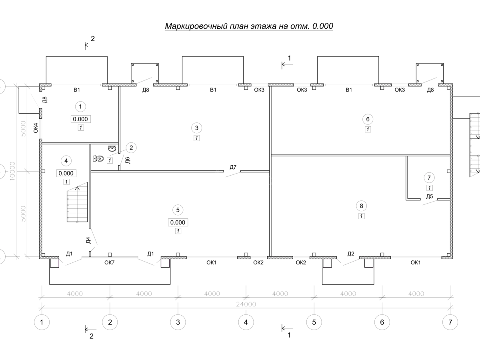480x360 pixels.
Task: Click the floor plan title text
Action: tap(249, 26)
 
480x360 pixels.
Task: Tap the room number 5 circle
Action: tap(178, 210)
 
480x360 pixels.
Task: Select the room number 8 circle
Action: tap(361, 206)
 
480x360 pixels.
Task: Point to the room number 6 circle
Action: tap(368, 119)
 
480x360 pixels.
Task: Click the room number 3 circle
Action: tap(196, 128)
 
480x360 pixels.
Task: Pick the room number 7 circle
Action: tap(429, 177)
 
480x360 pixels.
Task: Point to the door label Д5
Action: tap(430, 196)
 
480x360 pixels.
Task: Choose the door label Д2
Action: tap(351, 254)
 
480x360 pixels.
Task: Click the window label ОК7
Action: tap(110, 263)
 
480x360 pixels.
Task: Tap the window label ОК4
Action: tap(36, 128)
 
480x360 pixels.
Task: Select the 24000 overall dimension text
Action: tap(245, 304)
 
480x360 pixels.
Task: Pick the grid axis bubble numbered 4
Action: tap(246, 322)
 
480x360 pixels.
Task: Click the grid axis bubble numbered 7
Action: tap(450, 322)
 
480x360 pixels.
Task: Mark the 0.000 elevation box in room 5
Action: tap(178, 222)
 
